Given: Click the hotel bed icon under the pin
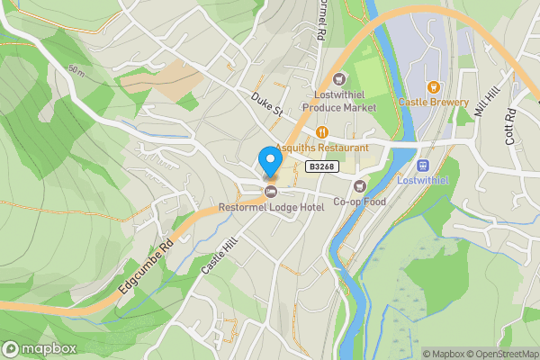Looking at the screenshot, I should [270, 192].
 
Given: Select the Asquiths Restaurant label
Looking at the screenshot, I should [321, 148].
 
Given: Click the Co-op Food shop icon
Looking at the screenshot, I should [360, 186].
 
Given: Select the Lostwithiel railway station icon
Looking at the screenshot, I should [423, 166].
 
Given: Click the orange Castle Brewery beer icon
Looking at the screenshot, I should [432, 87].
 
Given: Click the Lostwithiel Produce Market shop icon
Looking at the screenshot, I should [339, 78].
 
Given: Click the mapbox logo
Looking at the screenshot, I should [39, 348].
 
